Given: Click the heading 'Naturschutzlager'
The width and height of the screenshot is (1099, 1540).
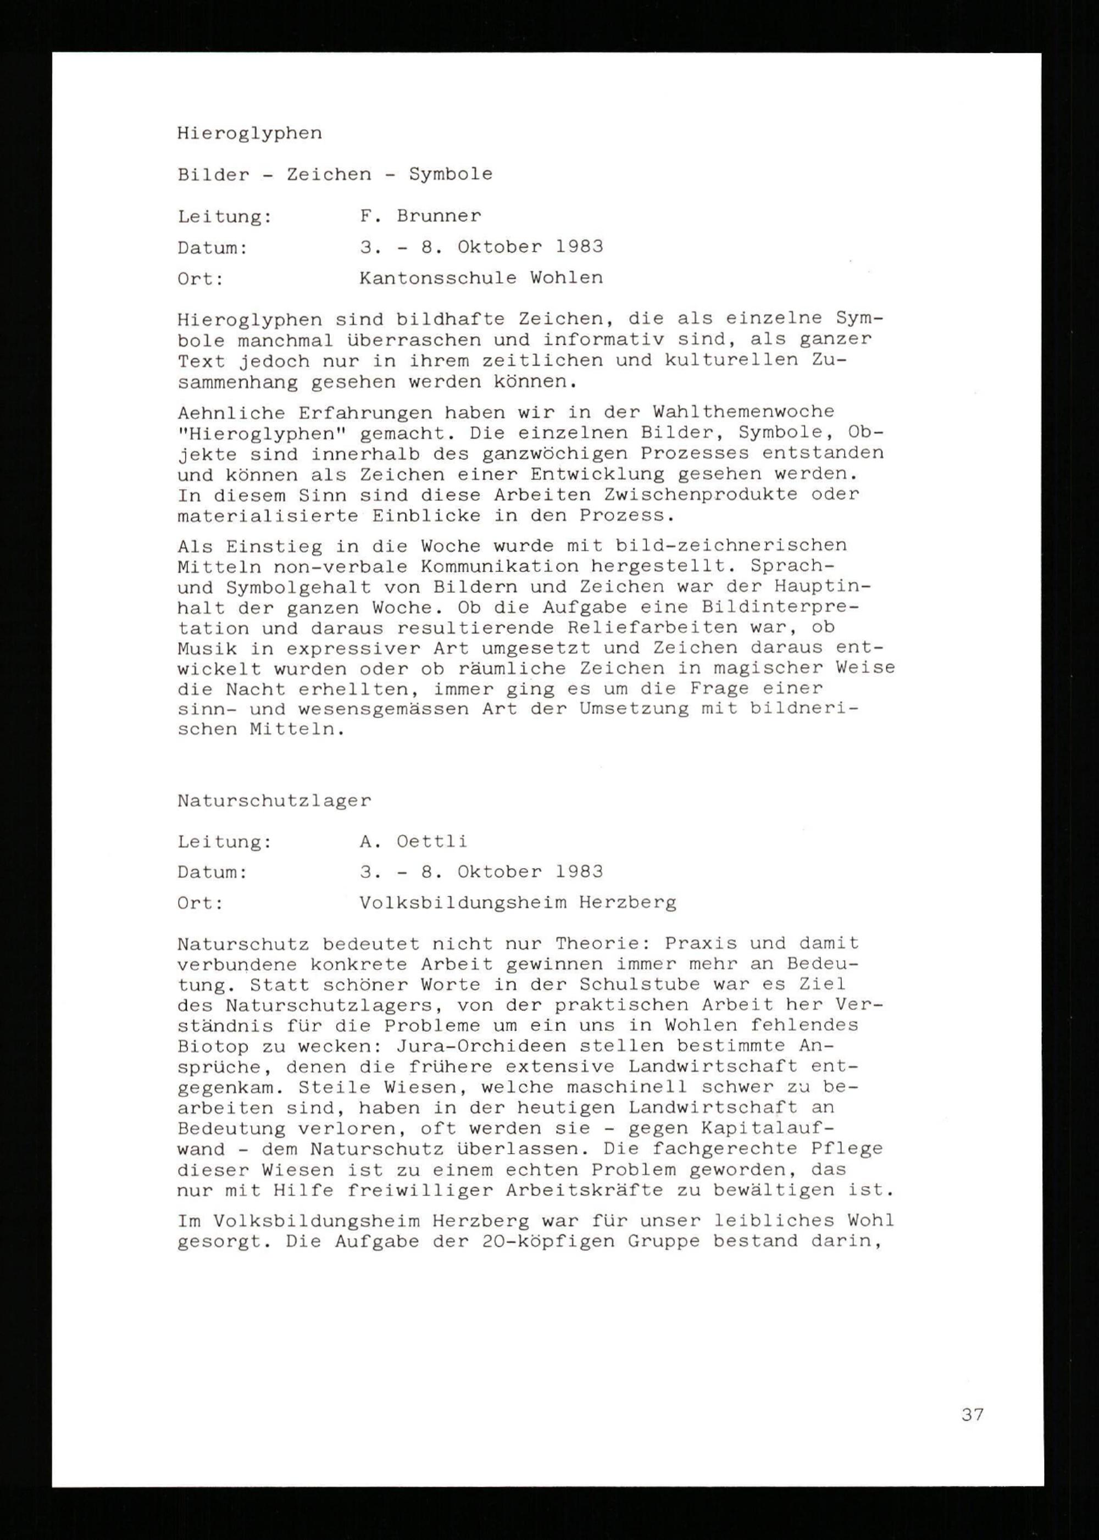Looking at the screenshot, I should coord(274,800).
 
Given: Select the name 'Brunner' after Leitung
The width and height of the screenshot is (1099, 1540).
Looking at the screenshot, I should coord(439,216).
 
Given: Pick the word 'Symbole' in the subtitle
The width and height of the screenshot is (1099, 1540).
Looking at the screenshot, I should coord(450,174).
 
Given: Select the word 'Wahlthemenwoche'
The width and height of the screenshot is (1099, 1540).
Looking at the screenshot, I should coord(743,412).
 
